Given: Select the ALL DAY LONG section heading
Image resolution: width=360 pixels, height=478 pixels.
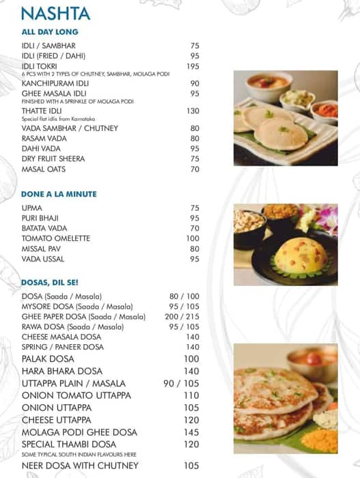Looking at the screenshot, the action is (x=50, y=32).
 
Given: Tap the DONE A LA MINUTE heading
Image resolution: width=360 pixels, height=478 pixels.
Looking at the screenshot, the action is (x=59, y=194).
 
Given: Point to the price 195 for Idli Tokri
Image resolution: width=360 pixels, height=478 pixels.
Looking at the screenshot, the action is (x=193, y=66).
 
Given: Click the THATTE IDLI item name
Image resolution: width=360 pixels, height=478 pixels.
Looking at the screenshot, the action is (x=44, y=111).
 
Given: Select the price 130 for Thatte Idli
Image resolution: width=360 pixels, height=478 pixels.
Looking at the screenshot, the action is (x=193, y=111).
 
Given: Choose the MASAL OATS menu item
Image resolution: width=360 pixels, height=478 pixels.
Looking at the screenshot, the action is (x=43, y=169).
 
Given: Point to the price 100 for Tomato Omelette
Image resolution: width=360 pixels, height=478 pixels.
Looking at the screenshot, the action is (x=193, y=238).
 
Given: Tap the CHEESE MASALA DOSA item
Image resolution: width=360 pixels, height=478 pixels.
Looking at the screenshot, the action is (x=61, y=337).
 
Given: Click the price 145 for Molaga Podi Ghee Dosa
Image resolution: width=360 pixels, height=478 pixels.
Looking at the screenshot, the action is (x=191, y=432).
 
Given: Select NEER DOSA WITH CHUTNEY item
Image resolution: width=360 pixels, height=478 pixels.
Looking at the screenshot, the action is (x=80, y=466).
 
